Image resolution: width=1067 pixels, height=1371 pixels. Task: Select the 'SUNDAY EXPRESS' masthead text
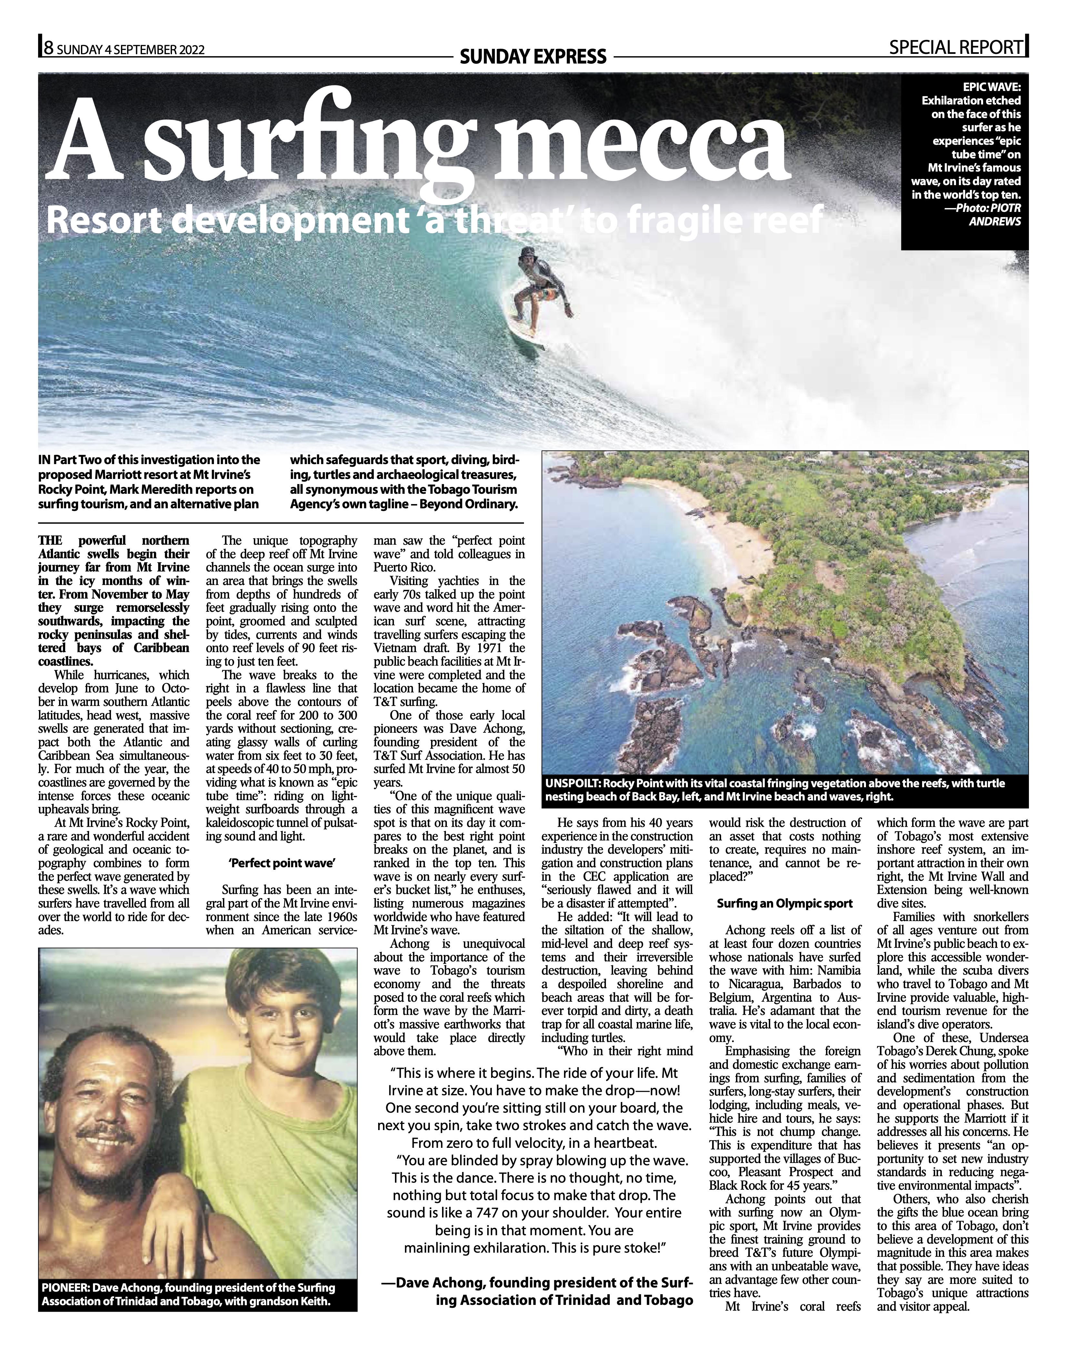coord(533,57)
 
